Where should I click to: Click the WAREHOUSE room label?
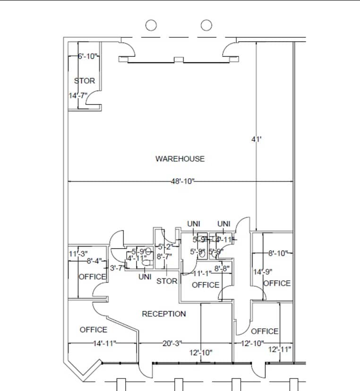180,159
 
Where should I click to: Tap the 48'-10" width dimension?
183,182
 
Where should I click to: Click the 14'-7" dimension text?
78,96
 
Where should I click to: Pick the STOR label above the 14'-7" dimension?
85,81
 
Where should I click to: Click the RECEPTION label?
164,314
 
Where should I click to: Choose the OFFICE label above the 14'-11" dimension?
93,330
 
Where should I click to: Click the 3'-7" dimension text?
117,268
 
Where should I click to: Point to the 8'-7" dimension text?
164,256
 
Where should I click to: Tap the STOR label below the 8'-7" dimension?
167,281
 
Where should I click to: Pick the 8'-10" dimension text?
278,253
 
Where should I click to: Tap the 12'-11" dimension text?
279,350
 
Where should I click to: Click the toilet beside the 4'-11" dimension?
146,263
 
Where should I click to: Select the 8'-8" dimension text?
222,269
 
